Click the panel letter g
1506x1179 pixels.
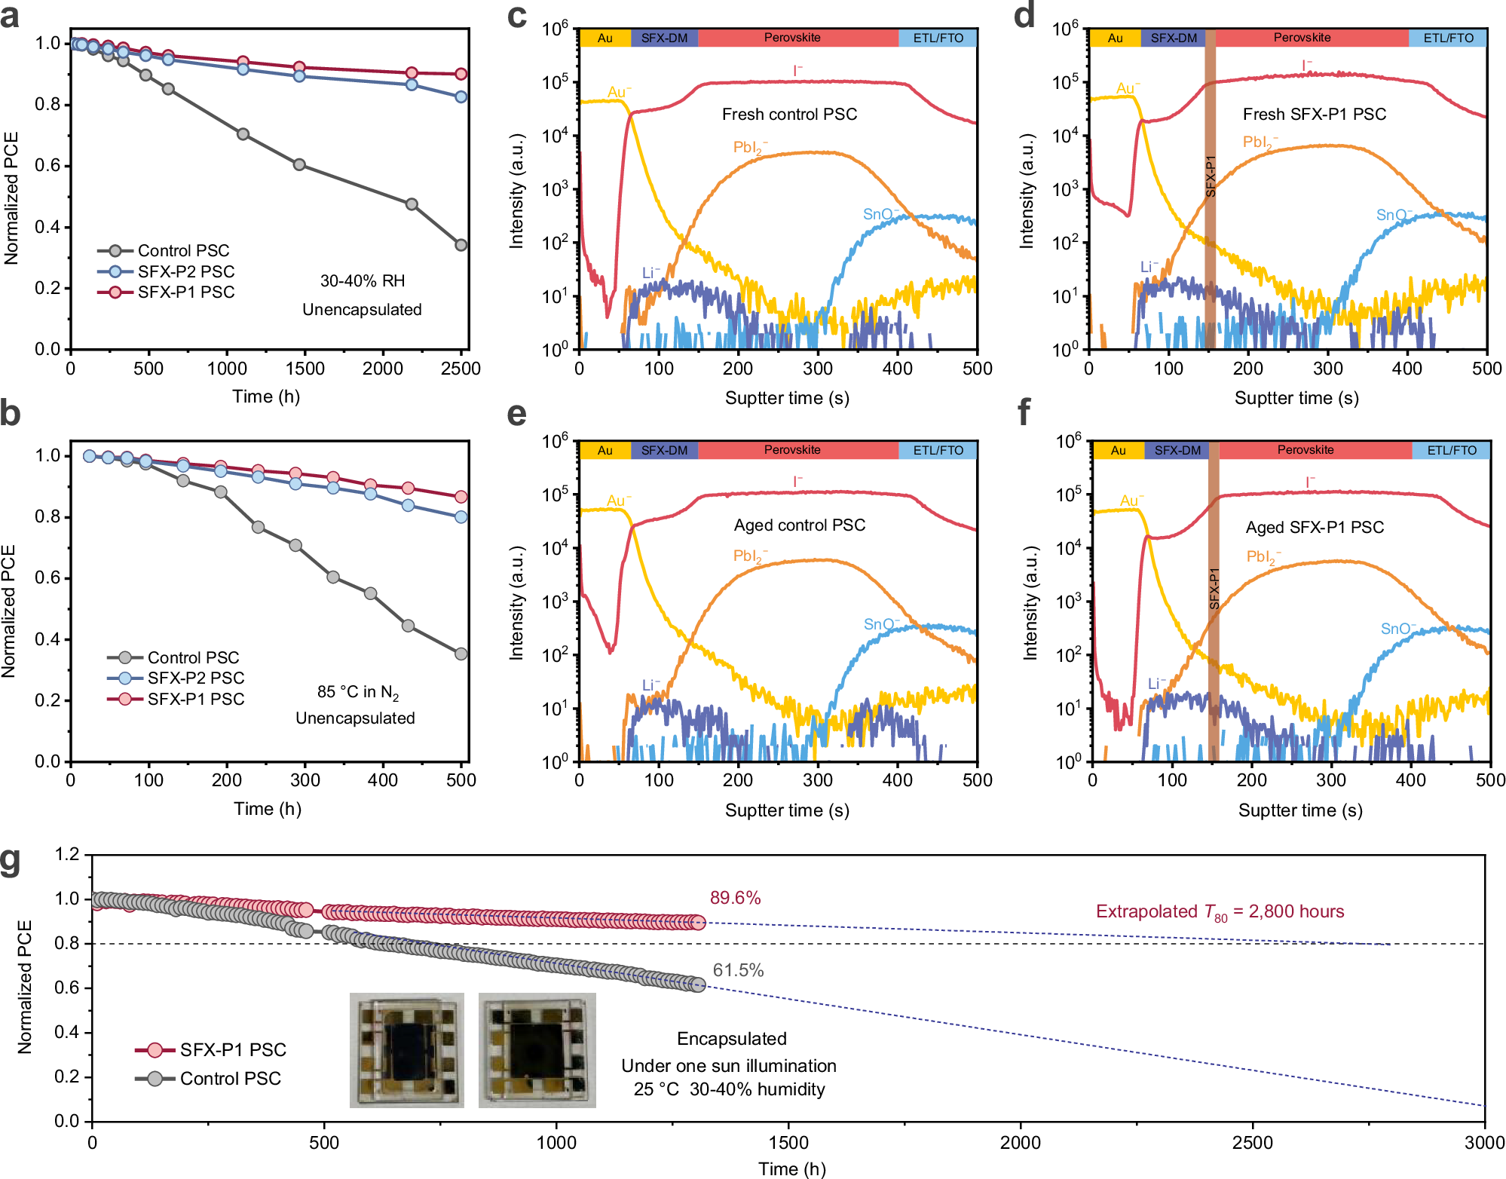point(11,862)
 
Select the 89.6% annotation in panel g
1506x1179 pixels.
point(735,898)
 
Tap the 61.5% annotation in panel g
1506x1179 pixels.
point(738,970)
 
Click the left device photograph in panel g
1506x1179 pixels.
point(407,1050)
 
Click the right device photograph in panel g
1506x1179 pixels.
point(537,1050)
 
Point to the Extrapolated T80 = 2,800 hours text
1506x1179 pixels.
point(1219,912)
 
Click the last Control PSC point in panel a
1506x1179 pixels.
point(461,245)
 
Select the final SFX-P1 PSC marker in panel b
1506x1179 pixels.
point(461,497)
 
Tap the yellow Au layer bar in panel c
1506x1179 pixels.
point(605,38)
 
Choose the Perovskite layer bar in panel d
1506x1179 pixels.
point(1302,38)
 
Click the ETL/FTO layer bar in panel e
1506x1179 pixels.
point(938,450)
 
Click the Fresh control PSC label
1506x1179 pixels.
point(789,115)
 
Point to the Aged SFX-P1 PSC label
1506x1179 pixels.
point(1314,528)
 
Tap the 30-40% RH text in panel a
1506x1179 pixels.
point(363,281)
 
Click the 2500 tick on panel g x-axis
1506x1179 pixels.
point(1252,1143)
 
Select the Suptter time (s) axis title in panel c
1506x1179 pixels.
point(787,398)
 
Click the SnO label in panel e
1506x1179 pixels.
point(880,624)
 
